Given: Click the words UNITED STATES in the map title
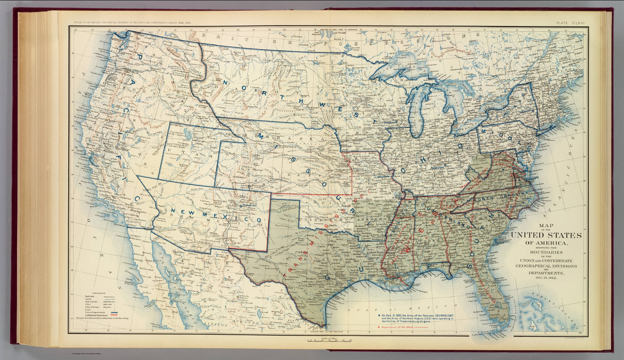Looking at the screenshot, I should click(546, 236).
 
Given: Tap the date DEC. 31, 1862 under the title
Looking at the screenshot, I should click(546, 278).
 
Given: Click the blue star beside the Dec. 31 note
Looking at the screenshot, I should click(379, 316).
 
